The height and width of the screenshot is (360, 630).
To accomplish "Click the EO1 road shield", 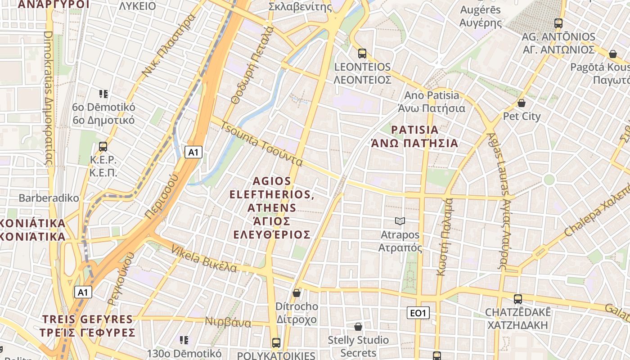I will pos(418,313).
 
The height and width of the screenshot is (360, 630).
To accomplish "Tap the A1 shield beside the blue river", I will pos(193,152).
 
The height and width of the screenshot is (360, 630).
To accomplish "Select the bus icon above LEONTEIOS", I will pos(362,54).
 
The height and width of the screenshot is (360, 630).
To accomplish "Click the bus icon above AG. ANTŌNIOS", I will pos(558,23).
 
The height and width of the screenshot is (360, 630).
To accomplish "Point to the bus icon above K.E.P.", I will pos(103,146).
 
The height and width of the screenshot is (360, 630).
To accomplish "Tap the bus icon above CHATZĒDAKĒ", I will pos(518,299).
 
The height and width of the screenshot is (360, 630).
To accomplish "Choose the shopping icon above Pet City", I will pos(522,103).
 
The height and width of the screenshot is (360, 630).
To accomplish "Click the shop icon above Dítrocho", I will pos(297,293).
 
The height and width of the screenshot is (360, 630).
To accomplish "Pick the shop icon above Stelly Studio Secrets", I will pos(358,326).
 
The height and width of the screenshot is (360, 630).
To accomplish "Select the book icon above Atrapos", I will pos(400,221).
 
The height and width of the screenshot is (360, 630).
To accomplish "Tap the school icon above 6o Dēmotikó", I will pos(103,94).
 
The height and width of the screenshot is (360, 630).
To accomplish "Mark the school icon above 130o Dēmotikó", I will pos(184,340).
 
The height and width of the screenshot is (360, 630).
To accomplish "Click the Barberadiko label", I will pos(49,198).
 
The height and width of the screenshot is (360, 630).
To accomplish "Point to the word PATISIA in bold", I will pos(414,130).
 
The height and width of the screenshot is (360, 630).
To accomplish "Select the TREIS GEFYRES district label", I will pos(88,319).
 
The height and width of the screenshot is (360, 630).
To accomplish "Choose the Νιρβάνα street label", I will pos(228,322).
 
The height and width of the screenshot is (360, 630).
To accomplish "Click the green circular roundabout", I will pos(549,180).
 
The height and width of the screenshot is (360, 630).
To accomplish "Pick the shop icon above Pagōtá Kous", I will pos(612,54).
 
